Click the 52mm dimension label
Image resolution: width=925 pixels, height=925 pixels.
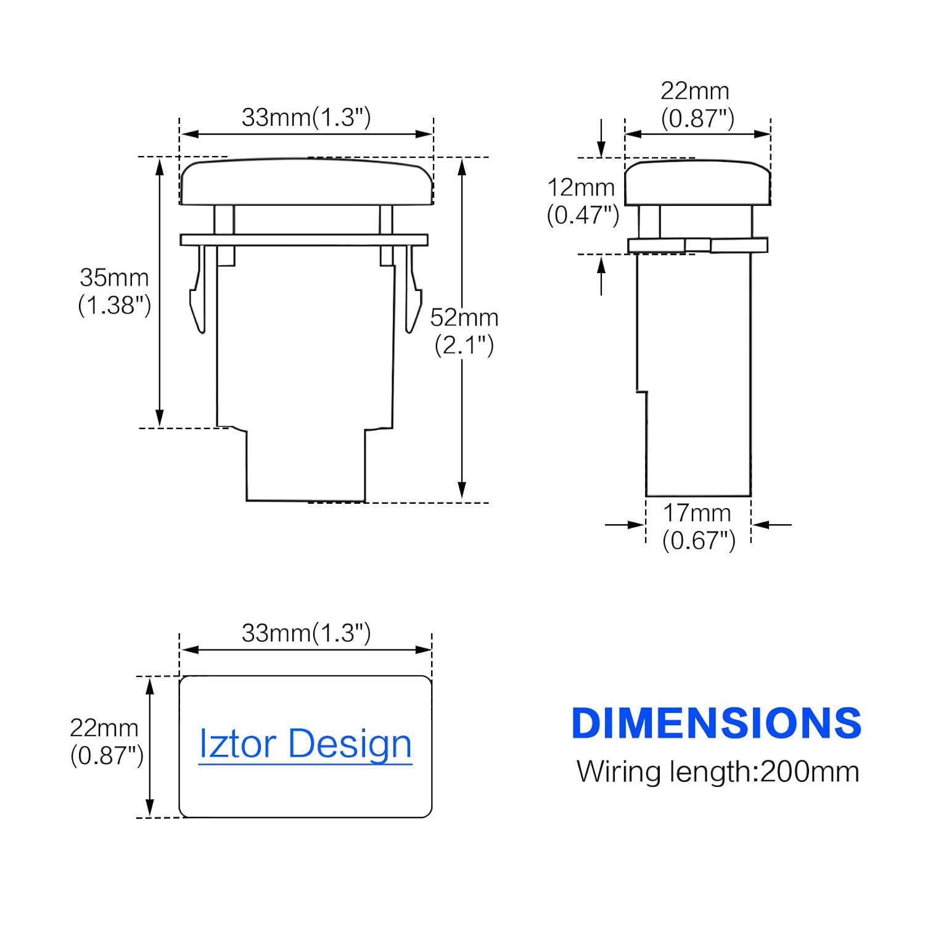464,318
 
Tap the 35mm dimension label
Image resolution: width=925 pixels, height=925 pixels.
115,277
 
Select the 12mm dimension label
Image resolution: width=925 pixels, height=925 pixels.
582,187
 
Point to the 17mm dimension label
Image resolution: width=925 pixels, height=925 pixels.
697,512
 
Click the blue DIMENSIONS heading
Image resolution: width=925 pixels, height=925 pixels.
717,723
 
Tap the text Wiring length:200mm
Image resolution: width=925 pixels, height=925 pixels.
718,771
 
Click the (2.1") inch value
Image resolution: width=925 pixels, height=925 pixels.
464,345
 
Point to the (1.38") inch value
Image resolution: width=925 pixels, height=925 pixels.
115,305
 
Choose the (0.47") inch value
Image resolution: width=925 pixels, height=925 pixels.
583,215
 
